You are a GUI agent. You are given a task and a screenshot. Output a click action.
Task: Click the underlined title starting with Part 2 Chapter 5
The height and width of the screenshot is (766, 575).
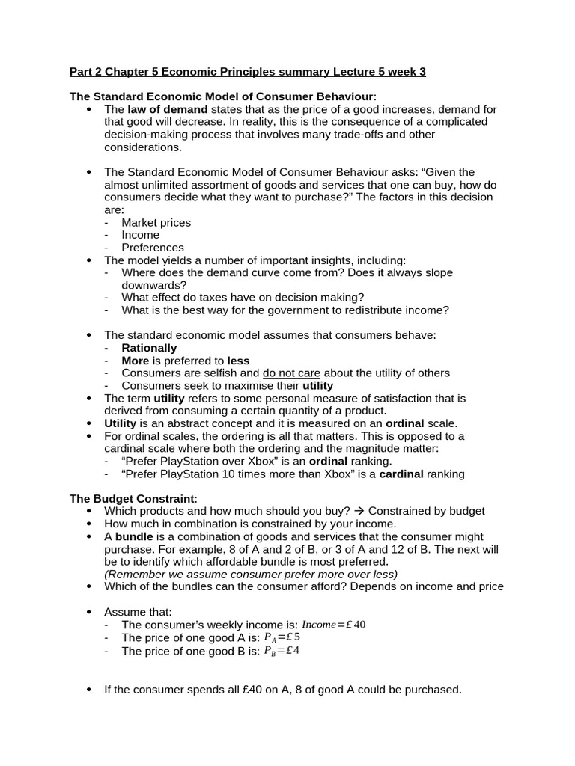248,72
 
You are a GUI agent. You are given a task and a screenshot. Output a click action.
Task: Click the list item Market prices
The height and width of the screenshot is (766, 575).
156,222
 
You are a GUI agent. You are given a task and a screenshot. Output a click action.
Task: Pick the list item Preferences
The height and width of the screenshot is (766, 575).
152,248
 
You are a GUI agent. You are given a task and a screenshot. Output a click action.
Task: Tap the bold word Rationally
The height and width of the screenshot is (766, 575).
149,348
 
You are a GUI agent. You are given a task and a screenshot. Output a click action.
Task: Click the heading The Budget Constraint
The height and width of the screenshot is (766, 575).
133,498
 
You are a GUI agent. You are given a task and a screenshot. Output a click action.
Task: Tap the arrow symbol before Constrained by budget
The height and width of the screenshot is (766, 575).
357,511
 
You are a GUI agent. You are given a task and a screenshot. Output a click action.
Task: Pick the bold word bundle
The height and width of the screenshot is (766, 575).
134,536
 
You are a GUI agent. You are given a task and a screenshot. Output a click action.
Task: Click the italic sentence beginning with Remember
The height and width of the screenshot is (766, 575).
251,574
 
